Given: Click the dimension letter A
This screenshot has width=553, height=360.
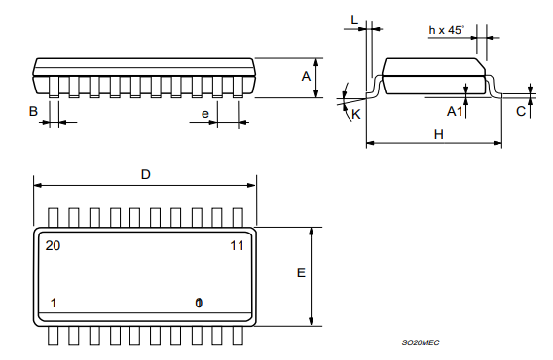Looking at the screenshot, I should coord(306,76).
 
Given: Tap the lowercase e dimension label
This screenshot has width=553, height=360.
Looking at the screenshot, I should coord(205,114).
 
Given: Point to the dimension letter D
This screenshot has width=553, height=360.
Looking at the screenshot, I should coord(145,174).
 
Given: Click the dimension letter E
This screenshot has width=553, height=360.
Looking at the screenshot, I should coord(301,274).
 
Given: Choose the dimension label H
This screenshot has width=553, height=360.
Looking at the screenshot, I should coord(438,134).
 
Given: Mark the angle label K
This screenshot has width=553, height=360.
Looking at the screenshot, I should coord(355,114).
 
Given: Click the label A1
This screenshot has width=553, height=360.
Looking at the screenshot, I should coord(454,112).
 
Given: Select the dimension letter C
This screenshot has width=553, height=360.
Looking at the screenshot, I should coord(521,112).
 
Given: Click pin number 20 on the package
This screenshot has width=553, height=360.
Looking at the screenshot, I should coord(53,246).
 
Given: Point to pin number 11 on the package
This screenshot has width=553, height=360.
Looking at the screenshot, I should coord(237,246).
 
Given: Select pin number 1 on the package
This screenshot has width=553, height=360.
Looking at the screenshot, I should coord(53,303).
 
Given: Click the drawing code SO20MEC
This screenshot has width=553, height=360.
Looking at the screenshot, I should coord(421,343).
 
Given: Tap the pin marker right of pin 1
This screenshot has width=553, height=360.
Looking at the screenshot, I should coord(199,303).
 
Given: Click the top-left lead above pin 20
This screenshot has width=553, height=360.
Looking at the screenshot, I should coord(55,217).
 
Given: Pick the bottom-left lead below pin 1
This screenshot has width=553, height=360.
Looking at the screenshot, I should coord(55,336).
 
